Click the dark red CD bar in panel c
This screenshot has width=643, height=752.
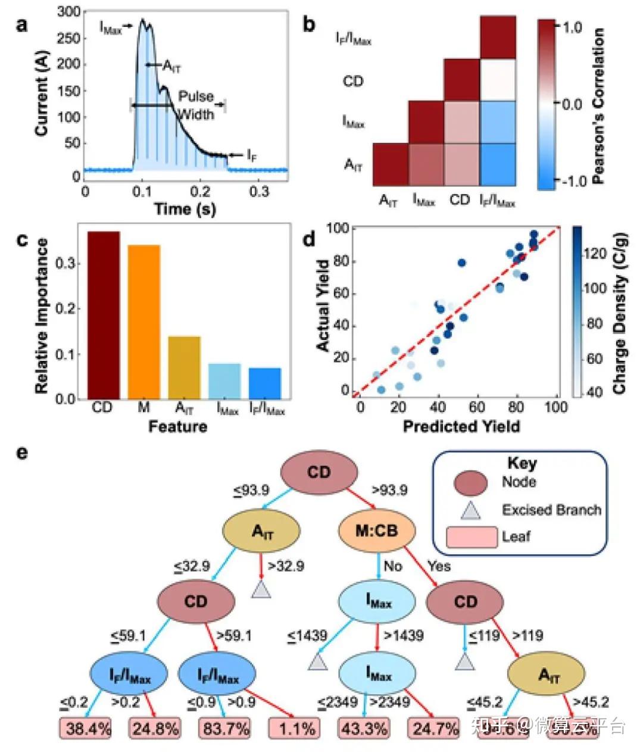pos(104,315)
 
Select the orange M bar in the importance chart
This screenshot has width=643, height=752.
pos(143,322)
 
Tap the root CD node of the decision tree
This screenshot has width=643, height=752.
pos(319,473)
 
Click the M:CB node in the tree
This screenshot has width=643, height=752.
pos(376,531)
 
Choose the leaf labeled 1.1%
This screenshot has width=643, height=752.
pos(295,728)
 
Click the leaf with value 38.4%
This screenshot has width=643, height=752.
pos(85,728)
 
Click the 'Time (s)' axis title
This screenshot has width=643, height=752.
pos(185,209)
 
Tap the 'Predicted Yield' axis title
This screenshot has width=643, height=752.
pos(461,426)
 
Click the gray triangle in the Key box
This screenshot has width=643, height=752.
pos(471,510)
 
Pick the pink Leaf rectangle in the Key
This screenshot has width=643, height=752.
pos(471,537)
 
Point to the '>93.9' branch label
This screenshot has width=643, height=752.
pos(389,490)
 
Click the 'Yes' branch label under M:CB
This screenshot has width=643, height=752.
pos(439,566)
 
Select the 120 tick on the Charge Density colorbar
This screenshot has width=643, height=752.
pos(596,254)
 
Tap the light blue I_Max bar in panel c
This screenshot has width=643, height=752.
pos(224,381)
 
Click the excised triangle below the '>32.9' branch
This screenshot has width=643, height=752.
pos(261,589)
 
